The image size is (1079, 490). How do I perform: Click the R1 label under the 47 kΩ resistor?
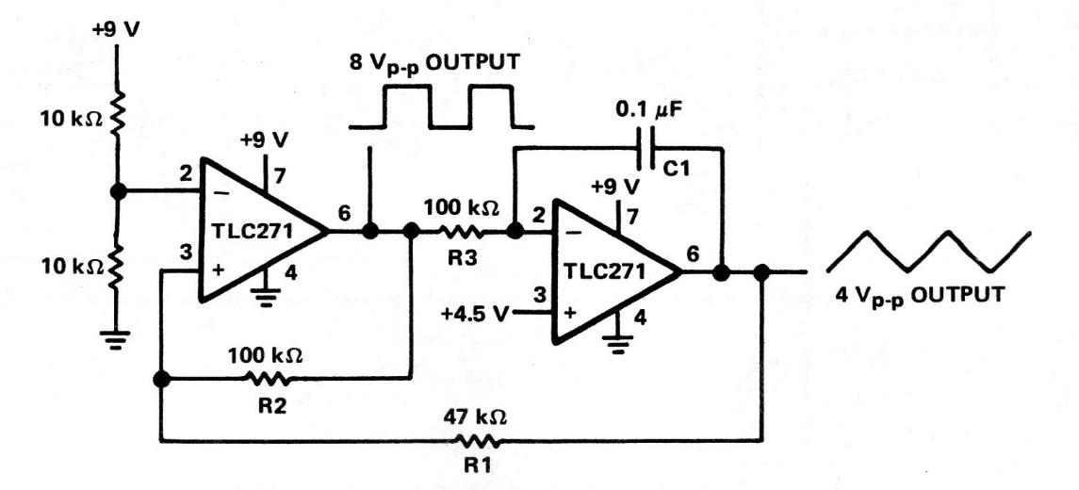pos(476,466)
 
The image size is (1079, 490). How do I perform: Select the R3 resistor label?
pos(461,260)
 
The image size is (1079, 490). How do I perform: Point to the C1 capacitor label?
pos(677,167)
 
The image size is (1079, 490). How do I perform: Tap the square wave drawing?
pos(442,106)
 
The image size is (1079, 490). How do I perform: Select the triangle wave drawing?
pos(928,252)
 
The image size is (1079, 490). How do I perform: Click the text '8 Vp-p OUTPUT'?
pos(435,62)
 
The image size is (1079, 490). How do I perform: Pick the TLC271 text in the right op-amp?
pos(605,271)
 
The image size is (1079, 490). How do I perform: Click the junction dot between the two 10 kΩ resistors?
pos(119,190)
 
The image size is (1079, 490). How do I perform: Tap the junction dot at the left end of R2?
pos(161,379)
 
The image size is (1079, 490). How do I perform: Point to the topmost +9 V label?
pos(116,30)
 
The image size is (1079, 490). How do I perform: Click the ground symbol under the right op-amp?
pos(619,343)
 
